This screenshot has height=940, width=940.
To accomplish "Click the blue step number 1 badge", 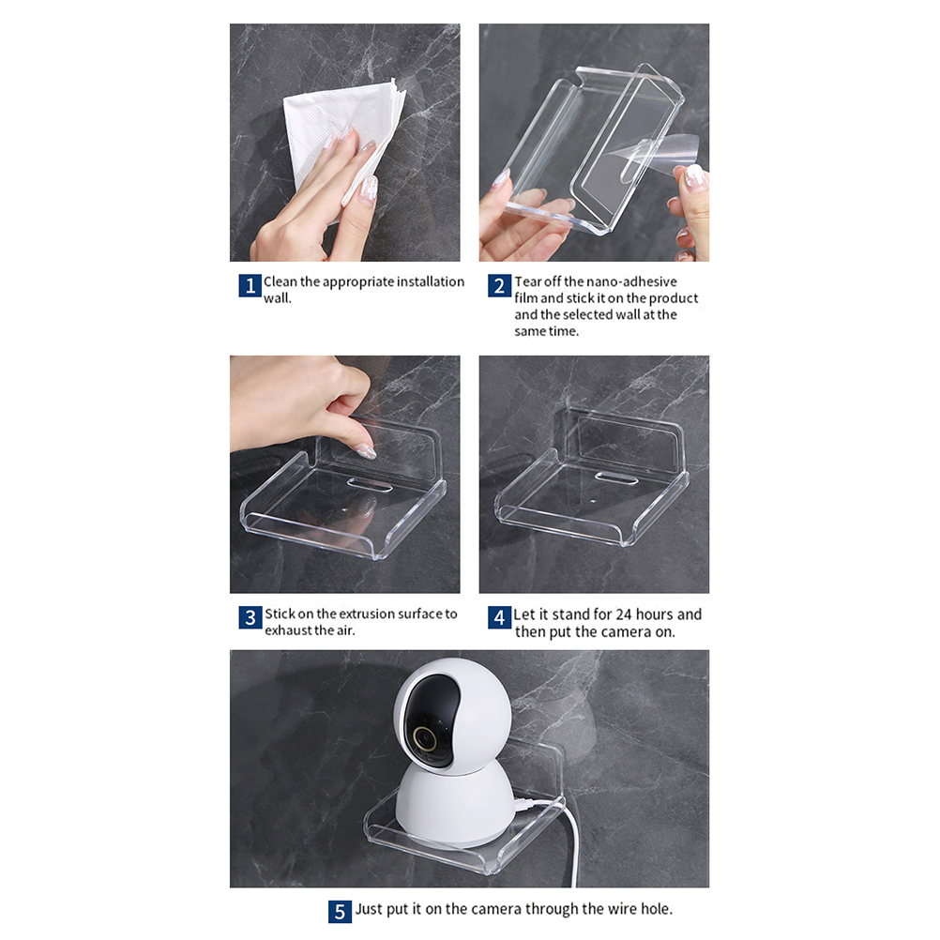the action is point(250,286).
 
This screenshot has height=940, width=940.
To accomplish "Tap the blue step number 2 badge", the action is point(499,286).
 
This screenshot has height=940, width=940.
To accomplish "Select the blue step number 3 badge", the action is point(250,617).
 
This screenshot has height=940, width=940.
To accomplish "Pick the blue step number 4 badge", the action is point(499,617).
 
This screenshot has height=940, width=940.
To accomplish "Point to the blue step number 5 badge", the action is point(340,912).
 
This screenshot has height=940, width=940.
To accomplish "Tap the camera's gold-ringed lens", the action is point(425,737).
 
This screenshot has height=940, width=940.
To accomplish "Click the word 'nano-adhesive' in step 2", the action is point(631,281).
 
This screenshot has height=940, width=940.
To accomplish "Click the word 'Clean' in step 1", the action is point(280,281).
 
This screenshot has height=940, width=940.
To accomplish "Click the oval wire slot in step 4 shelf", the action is point(616,478).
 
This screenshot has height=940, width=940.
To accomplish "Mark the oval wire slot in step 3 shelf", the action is point(370,484).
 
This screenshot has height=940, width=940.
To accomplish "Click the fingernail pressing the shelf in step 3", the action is point(365,451).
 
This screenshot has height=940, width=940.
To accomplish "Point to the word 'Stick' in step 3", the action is point(280,614).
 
